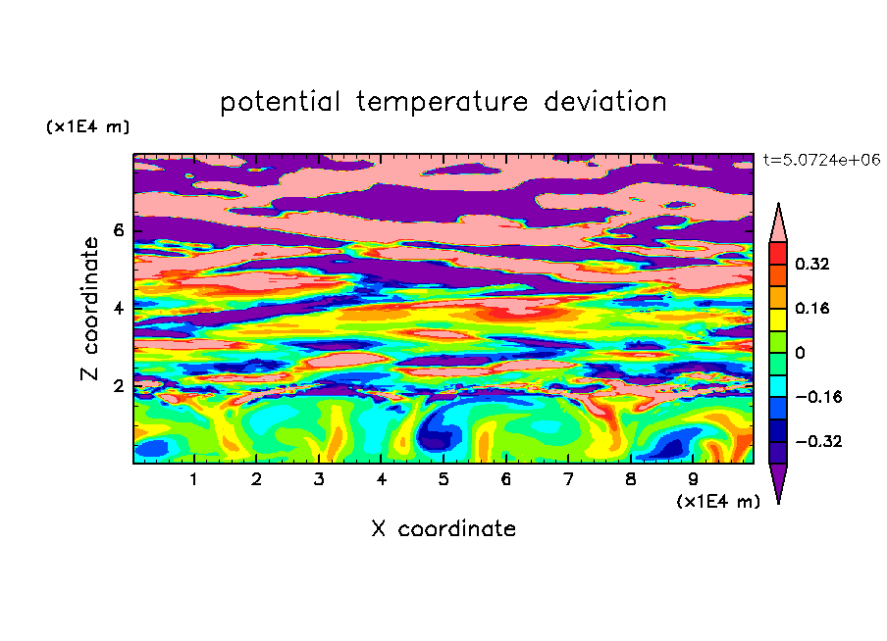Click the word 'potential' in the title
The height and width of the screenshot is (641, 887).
[x=280, y=102]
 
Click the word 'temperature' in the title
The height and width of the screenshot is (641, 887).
[x=442, y=103]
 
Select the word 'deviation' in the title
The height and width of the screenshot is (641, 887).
[x=605, y=102]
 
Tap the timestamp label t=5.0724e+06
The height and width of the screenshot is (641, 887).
[x=821, y=160]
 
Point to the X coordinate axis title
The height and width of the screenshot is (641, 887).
[x=443, y=528]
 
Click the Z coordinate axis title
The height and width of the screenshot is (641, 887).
[x=89, y=309]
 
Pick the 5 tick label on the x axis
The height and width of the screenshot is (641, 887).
[x=443, y=479]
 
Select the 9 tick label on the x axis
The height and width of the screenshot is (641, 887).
[x=693, y=479]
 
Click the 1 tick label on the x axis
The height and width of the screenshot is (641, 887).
[x=193, y=479]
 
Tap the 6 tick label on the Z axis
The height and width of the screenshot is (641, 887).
[x=118, y=230]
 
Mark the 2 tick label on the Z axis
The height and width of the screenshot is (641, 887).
[x=118, y=386]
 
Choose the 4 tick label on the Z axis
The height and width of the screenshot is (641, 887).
[x=118, y=309]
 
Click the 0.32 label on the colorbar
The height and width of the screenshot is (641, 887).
[x=811, y=264]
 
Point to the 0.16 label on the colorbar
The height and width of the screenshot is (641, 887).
[x=811, y=308]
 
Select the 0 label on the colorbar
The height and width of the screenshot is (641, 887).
[x=800, y=353]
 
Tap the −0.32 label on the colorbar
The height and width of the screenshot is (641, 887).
[x=818, y=441]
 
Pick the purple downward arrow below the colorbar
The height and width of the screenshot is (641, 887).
[x=778, y=480]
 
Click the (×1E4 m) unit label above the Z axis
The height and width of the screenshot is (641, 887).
[x=87, y=126]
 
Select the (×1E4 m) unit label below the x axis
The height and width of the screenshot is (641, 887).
[x=718, y=502]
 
